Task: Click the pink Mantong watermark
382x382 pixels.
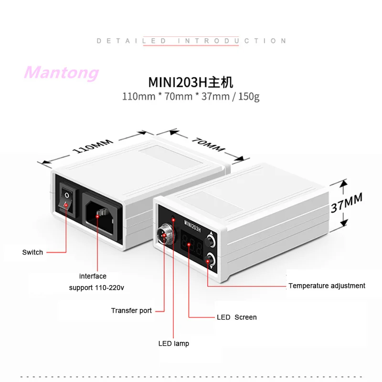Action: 62,73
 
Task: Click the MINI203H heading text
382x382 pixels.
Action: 191,82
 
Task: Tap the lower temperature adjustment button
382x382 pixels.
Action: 210,260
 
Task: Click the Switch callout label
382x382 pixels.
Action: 32,252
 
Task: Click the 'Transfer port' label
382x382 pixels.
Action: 131,310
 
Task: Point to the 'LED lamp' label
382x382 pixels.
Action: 173,343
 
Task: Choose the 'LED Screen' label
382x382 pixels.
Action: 236,317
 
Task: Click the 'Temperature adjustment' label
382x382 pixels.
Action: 327,286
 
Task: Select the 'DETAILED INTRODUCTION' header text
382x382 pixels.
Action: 191,41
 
